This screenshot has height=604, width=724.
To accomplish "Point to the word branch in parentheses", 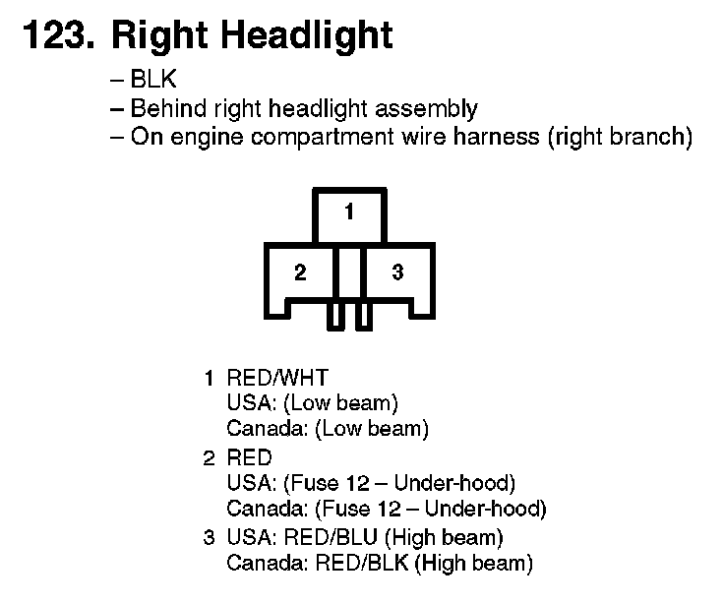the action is [647, 136].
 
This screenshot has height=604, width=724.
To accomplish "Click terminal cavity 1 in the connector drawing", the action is [349, 212].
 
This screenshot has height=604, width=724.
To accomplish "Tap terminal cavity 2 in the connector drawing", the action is [300, 272].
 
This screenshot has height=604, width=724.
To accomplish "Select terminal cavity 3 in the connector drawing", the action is [397, 272].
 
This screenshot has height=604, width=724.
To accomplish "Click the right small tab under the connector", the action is [363, 316].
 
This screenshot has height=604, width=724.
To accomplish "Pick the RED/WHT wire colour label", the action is [277, 378].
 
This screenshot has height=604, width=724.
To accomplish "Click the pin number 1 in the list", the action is [209, 378].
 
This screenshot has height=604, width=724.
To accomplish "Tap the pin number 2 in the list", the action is [209, 458].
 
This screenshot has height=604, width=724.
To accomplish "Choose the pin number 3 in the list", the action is [209, 538].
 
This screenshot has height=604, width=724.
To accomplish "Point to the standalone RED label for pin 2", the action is [249, 458].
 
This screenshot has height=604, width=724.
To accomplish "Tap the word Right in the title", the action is [157, 35].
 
